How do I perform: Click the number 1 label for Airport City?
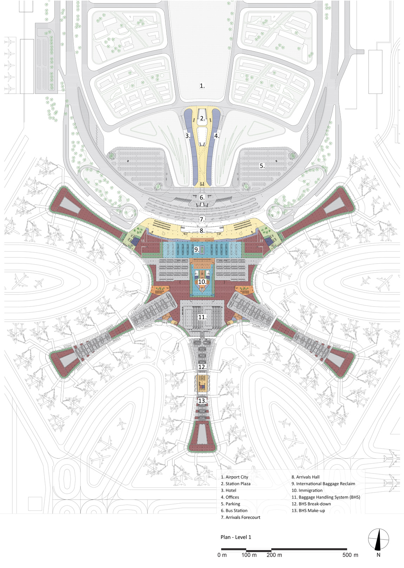(202, 86)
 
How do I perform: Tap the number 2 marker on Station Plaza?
(202, 118)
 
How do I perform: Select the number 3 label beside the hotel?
(188, 136)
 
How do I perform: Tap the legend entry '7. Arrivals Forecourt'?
(241, 517)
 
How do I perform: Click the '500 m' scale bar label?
(350, 555)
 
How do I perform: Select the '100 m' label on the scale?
(249, 555)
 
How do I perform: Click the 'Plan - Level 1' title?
(236, 537)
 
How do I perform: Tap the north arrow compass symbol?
(378, 539)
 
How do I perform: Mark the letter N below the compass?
(378, 555)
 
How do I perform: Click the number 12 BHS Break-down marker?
(202, 367)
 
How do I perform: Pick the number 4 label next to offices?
(216, 136)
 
